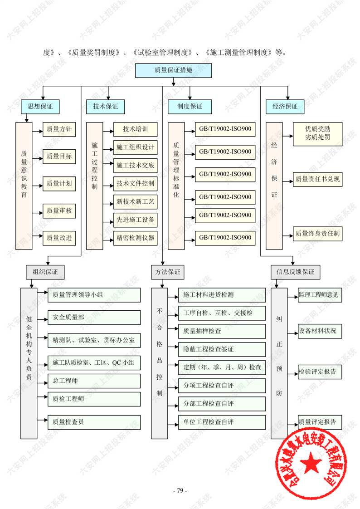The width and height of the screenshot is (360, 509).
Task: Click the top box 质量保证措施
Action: [x=173, y=70]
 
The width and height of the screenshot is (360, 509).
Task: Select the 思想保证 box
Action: [x=40, y=107]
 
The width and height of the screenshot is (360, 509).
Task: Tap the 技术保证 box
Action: [x=106, y=107]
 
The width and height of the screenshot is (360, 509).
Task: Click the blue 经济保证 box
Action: [x=285, y=107]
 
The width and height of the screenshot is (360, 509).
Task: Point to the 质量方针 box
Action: [x=59, y=129]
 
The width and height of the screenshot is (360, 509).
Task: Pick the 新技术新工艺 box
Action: [x=136, y=201]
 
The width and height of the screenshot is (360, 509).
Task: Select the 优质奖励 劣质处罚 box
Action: [x=317, y=133]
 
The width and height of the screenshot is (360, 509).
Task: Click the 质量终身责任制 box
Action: [x=317, y=234]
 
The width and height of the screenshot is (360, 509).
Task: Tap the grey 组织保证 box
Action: [x=45, y=272]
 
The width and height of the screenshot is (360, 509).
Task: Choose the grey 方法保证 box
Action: [x=165, y=272]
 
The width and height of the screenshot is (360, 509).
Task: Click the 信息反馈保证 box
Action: [x=295, y=272]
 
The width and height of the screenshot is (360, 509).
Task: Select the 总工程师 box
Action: [x=94, y=381]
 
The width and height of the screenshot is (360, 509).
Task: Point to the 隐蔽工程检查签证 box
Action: [x=222, y=349]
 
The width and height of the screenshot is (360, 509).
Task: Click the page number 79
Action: [x=180, y=491]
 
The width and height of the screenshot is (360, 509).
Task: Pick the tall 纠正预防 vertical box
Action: [x=279, y=363]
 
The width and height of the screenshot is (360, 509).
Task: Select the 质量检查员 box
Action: [x=94, y=422]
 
